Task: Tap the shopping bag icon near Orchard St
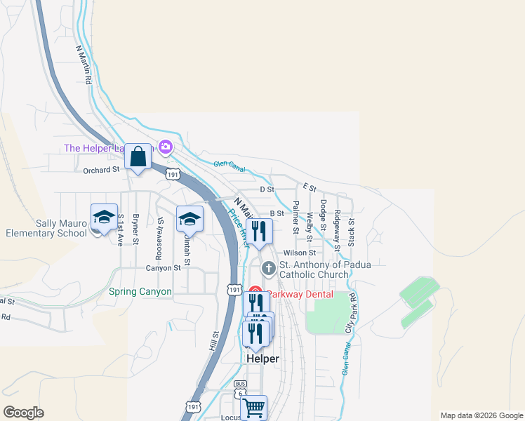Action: [138, 156]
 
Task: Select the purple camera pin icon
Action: [166, 147]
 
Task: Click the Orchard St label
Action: [102, 170]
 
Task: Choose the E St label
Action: [310, 188]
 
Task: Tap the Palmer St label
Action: [296, 217]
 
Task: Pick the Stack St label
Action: [352, 229]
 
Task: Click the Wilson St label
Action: [300, 253]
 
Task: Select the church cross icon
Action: [268, 269]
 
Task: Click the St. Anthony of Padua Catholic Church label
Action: [324, 269]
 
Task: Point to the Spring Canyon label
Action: [140, 291]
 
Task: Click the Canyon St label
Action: [164, 267]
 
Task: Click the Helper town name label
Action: [263, 359]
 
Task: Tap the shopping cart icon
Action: [253, 407]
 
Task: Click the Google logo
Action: [23, 413]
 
